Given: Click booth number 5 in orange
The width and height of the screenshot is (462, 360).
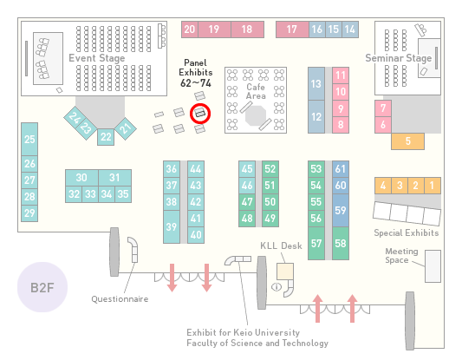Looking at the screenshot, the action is pyautogui.click(x=407, y=141).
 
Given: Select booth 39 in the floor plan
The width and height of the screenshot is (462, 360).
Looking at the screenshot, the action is pyautogui.click(x=172, y=226).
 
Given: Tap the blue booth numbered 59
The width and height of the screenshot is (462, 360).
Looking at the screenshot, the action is pyautogui.click(x=341, y=210).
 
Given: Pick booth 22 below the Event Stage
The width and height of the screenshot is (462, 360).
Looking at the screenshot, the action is pyautogui.click(x=106, y=137).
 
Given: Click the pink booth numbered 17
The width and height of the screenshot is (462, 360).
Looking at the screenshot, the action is pyautogui.click(x=292, y=29).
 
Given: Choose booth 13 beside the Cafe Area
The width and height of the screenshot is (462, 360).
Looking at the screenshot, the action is pyautogui.click(x=316, y=84).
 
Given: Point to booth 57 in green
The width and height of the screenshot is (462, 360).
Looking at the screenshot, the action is pyautogui.click(x=316, y=244).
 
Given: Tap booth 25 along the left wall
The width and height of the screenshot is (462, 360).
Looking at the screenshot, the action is pyautogui.click(x=29, y=139).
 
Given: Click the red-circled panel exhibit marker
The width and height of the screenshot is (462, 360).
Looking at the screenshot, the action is pyautogui.click(x=200, y=114).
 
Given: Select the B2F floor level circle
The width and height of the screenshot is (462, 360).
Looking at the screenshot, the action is pyautogui.click(x=42, y=287).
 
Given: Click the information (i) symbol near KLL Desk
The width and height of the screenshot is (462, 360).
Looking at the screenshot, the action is pyautogui.click(x=277, y=286).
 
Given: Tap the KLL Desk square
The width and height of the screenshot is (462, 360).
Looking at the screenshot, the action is pyautogui.click(x=285, y=272).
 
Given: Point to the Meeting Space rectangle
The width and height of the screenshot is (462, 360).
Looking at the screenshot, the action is pyautogui.click(x=433, y=266).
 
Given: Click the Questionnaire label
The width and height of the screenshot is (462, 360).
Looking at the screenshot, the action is pyautogui.click(x=120, y=299).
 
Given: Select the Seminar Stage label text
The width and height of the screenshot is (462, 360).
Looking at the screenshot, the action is pyautogui.click(x=399, y=58).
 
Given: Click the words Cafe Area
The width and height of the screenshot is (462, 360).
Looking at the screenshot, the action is pyautogui.click(x=256, y=91).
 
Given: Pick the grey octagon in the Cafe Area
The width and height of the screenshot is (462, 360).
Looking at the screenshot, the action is pyautogui.click(x=256, y=116).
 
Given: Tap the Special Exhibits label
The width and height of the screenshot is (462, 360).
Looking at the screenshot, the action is pyautogui.click(x=407, y=233).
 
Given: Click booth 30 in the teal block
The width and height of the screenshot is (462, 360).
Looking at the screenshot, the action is pyautogui.click(x=81, y=178).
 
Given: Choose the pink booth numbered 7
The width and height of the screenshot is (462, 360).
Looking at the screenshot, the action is pyautogui.click(x=383, y=108).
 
